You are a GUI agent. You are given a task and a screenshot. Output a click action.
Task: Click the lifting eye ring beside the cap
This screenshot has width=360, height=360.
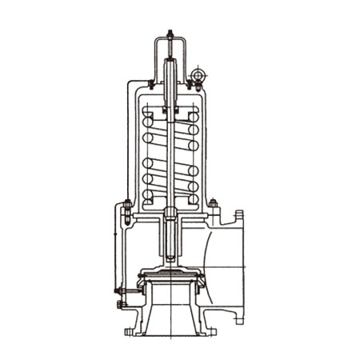click(198, 77)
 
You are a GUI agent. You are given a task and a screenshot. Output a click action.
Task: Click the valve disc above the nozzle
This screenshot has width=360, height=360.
click(170, 277)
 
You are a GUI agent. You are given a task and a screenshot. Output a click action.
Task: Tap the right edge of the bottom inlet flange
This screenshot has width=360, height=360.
click(214, 330)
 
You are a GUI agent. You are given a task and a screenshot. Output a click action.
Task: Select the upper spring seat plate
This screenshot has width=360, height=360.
click(170, 109)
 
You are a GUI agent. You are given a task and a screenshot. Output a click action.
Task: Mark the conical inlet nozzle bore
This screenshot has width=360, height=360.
click(170, 312)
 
